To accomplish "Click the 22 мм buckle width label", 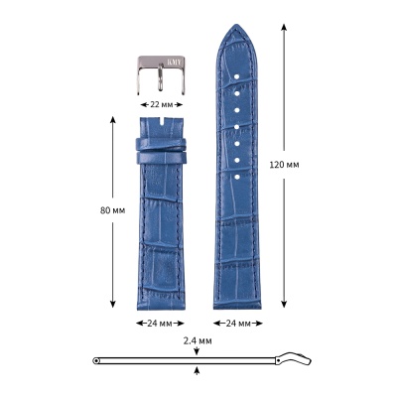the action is point(162,104).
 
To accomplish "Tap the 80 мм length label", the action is point(112,210).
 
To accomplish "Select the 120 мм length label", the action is point(284,165).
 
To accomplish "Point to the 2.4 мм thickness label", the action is point(198,340).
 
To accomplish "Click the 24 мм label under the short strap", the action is point(160,324).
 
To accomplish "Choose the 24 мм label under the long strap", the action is point(238,324).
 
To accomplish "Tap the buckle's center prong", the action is point(160,76).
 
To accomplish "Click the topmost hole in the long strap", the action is point(237,77).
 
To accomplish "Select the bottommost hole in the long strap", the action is point(237,177).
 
